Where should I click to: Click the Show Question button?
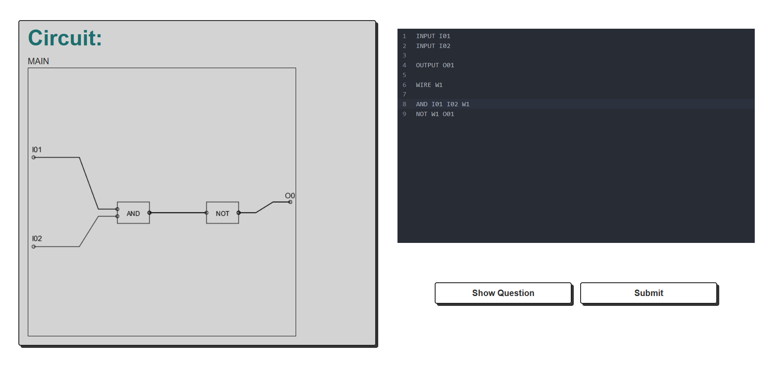[x=503, y=293]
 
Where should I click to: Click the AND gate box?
[x=133, y=213]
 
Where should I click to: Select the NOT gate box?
[x=222, y=213]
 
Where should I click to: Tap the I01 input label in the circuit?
[x=37, y=150]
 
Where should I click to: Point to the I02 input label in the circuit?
[x=37, y=239]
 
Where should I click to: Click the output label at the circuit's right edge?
[x=290, y=196]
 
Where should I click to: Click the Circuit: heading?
[x=65, y=38]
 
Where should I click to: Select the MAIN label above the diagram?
[x=39, y=61]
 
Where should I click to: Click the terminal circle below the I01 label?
[x=34, y=157]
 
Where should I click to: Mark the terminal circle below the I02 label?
[x=34, y=246]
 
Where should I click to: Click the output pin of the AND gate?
[x=149, y=212]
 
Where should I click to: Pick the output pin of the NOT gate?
[x=239, y=212]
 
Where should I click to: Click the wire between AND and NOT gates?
[x=178, y=212]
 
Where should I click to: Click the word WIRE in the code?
[x=423, y=85]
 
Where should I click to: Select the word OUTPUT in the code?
[x=427, y=65]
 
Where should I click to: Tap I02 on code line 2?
[x=445, y=46]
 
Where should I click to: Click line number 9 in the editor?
[x=404, y=114]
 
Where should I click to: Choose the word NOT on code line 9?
[x=421, y=114]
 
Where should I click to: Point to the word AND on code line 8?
[x=421, y=104]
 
